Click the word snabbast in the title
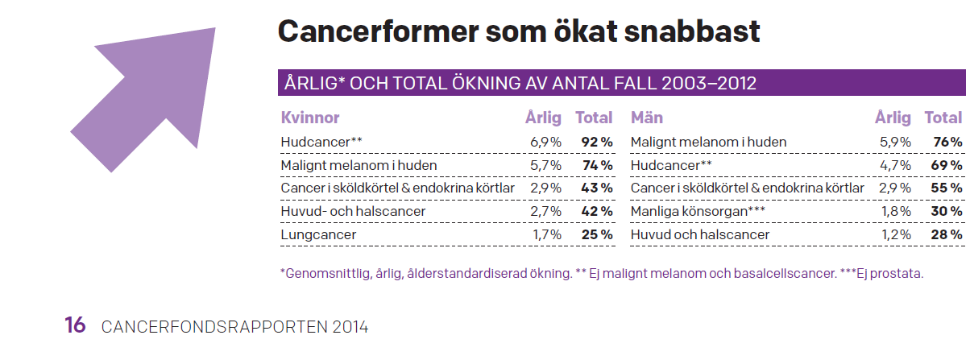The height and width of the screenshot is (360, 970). coord(692,31)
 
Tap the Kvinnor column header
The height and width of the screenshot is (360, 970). coord(310,118)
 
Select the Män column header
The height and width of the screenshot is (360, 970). coord(646,118)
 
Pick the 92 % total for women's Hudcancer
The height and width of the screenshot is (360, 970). coord(597,142)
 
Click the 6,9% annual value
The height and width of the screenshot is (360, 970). coord(545,142)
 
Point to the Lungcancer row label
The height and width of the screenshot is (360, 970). coord(318,234)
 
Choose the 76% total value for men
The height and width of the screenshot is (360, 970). coord(947,142)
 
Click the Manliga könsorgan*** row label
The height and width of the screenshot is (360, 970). coord(698,211)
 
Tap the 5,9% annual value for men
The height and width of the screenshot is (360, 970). coord(895,142)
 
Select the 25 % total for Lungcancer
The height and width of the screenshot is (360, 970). coord(597,234)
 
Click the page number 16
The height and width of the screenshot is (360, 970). coord(75,325)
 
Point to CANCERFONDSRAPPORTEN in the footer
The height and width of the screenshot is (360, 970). coord(214,327)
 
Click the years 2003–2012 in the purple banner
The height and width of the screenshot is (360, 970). coord(708,83)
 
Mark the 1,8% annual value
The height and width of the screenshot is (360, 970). coord(896,211)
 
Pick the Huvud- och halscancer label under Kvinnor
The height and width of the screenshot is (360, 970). coord(353,211)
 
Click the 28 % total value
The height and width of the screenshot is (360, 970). coord(947,234)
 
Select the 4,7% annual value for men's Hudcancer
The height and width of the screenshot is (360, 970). coord(895,165)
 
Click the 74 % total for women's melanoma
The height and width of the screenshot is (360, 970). coord(598,165)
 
